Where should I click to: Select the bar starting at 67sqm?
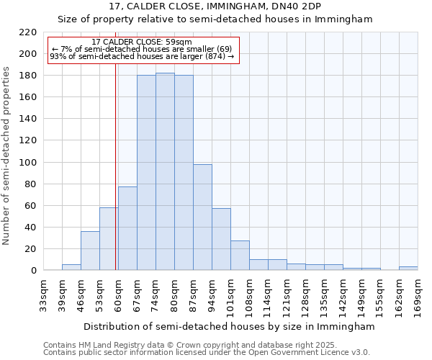pyautogui.click(x=146, y=173)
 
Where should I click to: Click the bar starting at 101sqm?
pyautogui.click(x=240, y=256)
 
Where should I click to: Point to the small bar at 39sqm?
pyautogui.click(x=71, y=267)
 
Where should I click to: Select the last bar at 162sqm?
pyautogui.click(x=408, y=269)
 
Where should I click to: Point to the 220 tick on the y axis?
pyautogui.click(x=28, y=32)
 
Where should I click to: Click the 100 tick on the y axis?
pyautogui.click(x=28, y=163)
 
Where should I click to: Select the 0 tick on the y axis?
pyautogui.click(x=33, y=271)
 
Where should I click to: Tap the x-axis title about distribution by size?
pyautogui.click(x=229, y=326)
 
